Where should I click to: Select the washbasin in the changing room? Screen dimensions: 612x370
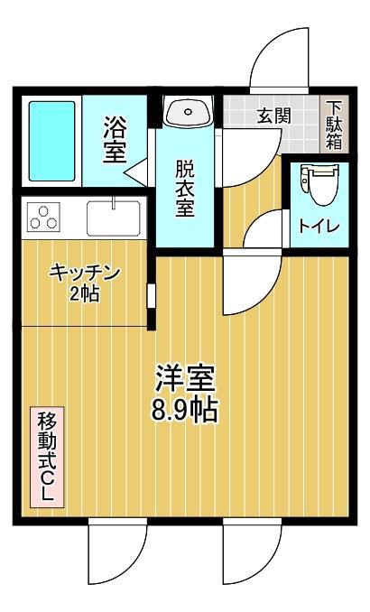[188, 113]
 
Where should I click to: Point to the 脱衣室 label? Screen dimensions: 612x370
[185, 187]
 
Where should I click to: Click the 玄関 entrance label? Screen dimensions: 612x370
[273, 116]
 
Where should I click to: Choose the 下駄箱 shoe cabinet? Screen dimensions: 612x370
[334, 125]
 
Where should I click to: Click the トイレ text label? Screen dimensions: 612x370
[319, 226]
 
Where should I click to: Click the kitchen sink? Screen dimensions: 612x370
[114, 218]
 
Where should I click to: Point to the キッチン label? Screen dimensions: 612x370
[85, 273]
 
